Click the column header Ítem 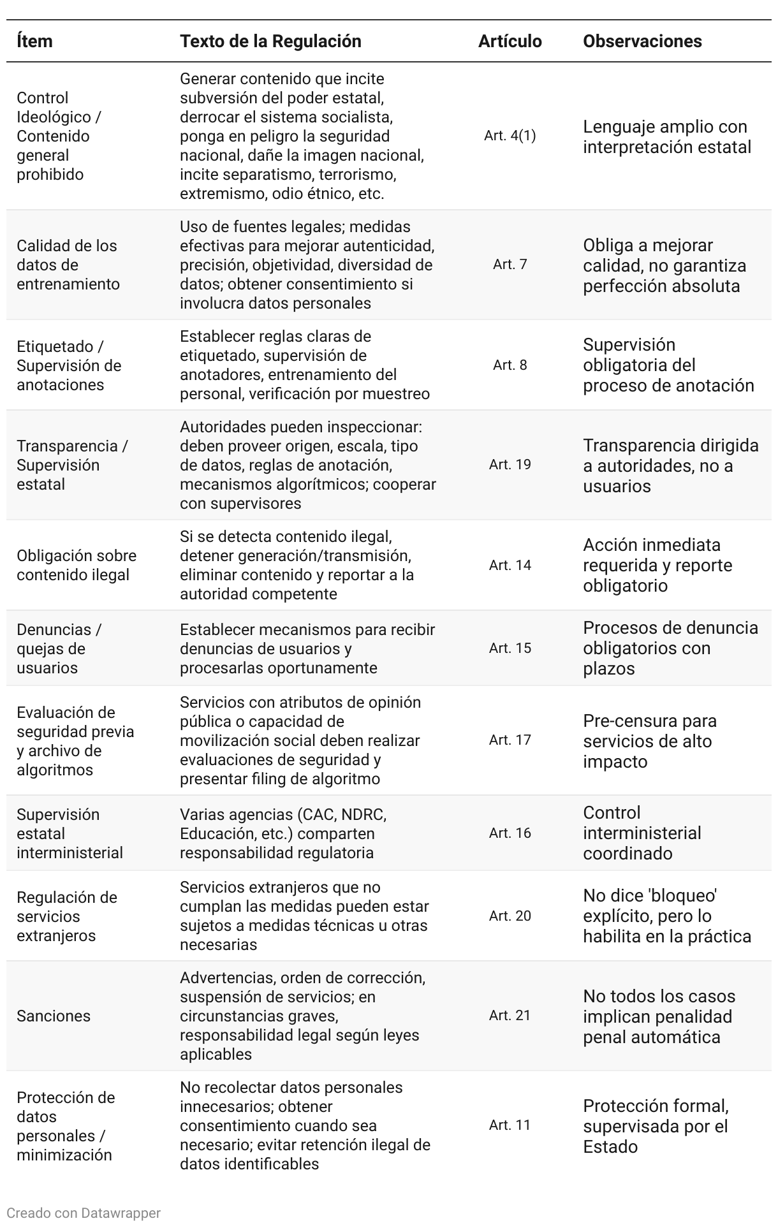(x=34, y=41)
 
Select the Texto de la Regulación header (x=270, y=41)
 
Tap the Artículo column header (x=510, y=41)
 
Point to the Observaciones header (x=642, y=41)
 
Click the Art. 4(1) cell (x=510, y=136)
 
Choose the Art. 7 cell (x=510, y=265)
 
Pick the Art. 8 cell (x=510, y=365)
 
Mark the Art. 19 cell (x=510, y=465)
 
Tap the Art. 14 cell (x=510, y=566)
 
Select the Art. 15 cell (x=510, y=648)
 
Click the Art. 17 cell (x=510, y=740)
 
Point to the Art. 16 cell (x=510, y=833)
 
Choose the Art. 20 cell (x=510, y=916)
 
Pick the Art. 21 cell (x=510, y=1016)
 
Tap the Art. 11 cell (x=510, y=1125)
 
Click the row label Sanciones (x=54, y=1016)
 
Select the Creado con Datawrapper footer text (x=84, y=1213)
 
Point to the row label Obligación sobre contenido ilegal (x=77, y=566)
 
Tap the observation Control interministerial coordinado (x=642, y=833)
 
